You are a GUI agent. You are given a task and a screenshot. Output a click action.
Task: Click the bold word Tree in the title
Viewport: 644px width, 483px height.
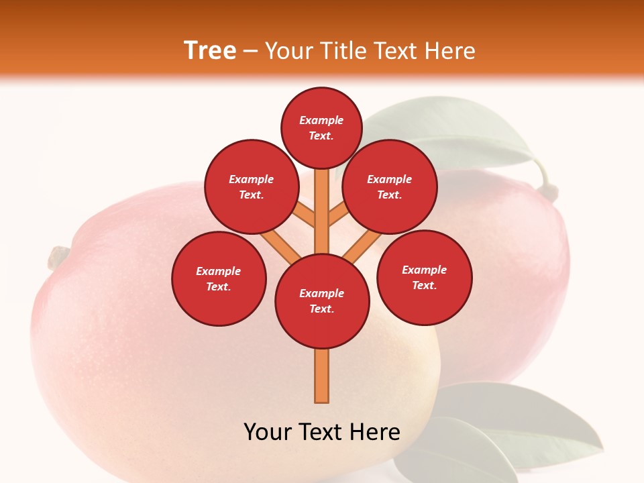(x=210, y=50)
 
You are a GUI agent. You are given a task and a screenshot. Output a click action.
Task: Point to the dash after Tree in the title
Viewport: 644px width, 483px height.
(x=250, y=52)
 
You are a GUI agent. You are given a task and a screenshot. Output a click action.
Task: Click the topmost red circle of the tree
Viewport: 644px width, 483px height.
(x=321, y=127)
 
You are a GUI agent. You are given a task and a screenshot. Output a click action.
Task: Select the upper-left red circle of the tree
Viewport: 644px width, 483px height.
(x=251, y=186)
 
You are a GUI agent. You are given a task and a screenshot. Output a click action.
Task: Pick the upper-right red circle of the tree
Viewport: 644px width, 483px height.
(x=389, y=186)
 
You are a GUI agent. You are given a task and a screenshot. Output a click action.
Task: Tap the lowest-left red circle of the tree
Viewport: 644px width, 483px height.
(x=219, y=278)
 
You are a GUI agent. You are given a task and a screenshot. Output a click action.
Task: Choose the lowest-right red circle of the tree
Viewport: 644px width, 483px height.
(x=424, y=277)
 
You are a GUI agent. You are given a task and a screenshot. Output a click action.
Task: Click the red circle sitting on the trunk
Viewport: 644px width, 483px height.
(x=322, y=301)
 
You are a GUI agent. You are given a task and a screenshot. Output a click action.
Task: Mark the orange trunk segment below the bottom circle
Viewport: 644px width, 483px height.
(x=322, y=376)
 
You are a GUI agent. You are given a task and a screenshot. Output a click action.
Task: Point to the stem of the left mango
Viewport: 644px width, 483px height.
(x=58, y=258)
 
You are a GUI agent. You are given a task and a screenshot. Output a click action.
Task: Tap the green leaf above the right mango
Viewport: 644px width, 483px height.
(x=463, y=131)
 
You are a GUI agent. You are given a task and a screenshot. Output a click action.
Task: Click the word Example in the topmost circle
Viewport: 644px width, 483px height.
(x=321, y=121)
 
